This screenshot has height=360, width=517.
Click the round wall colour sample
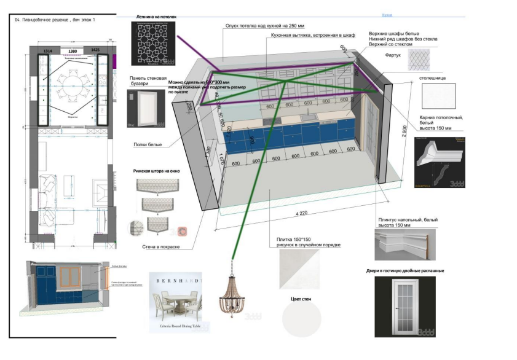[x=301, y=319]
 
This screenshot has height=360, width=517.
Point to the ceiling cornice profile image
[x=440, y=162]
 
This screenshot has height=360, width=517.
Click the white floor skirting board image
[x=405, y=244]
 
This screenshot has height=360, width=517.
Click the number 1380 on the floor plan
[x=73, y=51]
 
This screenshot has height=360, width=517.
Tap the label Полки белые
[x=147, y=146]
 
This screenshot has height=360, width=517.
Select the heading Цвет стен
[x=302, y=299]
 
